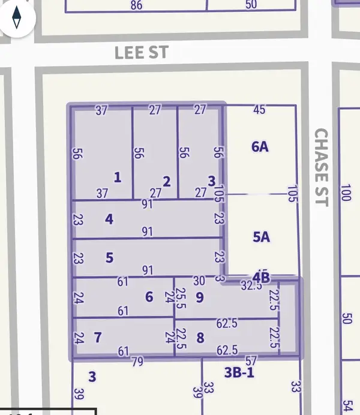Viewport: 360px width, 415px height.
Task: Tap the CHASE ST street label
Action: pos(322,167)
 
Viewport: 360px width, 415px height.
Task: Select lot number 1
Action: pos(118,177)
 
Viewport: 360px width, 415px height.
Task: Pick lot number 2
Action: pos(167,181)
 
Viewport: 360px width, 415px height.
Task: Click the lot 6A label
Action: pos(260,146)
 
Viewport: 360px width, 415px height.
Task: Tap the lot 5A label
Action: pos(261,237)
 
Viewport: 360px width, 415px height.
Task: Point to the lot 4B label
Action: pos(261,276)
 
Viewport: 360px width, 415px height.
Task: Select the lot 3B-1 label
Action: pos(239,372)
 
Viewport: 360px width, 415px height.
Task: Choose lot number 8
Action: pos(200,338)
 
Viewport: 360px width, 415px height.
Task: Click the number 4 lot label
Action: pos(109,218)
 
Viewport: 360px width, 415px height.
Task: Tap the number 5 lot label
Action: pos(109,258)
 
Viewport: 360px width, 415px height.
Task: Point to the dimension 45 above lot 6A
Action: pos(259,110)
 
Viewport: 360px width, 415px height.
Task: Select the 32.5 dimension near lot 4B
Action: pos(251,286)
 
